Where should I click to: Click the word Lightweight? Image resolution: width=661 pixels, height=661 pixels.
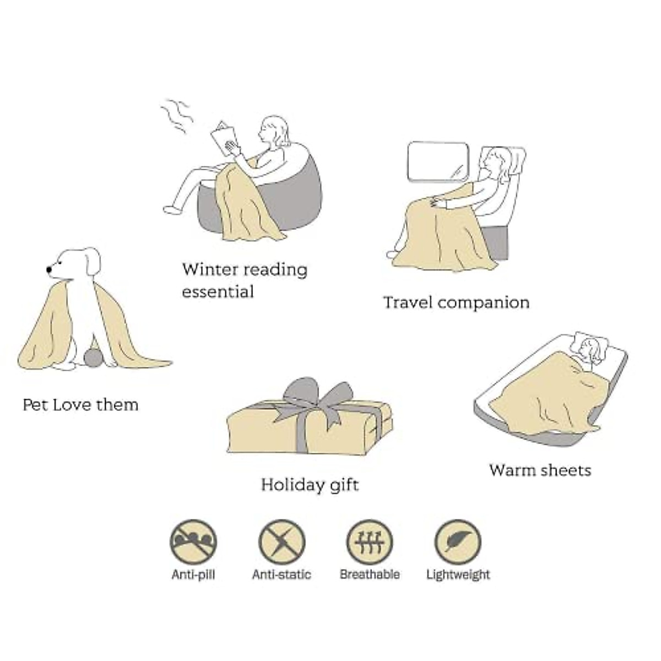[x=458, y=575]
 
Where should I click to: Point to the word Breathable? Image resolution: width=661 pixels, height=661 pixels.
[x=370, y=575]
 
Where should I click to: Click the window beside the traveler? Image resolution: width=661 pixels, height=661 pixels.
[x=438, y=161]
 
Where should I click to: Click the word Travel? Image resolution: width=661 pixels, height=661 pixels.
[x=409, y=302]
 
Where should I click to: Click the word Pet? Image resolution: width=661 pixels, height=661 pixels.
[x=36, y=405]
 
